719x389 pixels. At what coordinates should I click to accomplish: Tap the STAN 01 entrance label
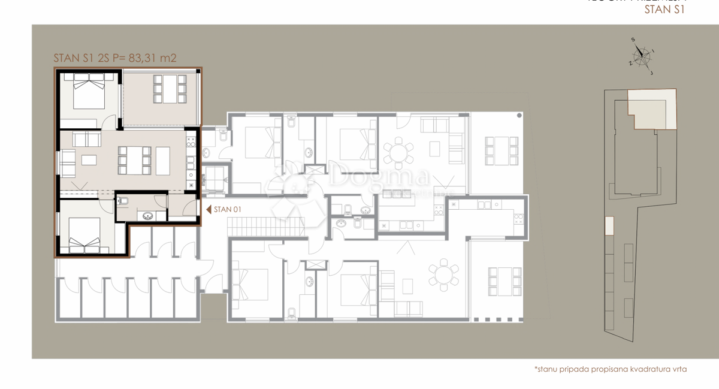(x=227, y=209)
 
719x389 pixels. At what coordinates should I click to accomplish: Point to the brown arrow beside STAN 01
(x=208, y=209)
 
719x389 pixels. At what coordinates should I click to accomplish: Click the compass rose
(x=642, y=55)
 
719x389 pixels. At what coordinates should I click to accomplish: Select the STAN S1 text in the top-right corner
(x=664, y=9)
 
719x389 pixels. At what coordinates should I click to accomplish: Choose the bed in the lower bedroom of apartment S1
(x=83, y=234)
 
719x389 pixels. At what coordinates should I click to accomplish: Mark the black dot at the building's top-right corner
(x=519, y=115)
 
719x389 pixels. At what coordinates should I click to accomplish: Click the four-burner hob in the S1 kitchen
(x=192, y=142)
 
